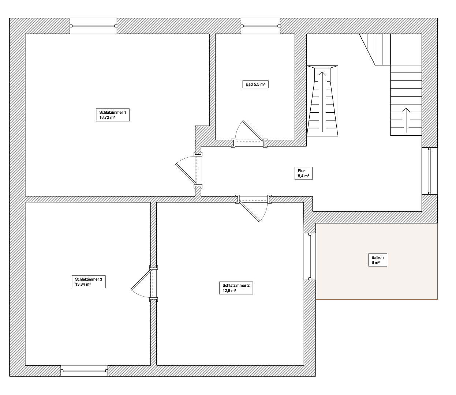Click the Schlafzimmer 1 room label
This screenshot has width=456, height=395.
point(112,114)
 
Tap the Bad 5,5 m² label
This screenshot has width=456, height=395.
point(255,84)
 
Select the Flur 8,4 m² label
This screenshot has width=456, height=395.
point(303,173)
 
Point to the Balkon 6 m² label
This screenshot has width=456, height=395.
point(377,260)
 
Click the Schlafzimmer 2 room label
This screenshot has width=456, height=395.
point(236,288)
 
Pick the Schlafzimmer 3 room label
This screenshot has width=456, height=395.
point(89,281)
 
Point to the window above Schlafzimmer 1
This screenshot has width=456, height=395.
point(93,26)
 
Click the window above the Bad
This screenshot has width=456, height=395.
point(261,26)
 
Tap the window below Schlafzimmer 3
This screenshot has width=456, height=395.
point(84,371)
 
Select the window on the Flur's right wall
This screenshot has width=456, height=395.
point(430,171)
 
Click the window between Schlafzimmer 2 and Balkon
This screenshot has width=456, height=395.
point(310,256)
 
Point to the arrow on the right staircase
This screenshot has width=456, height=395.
point(406,119)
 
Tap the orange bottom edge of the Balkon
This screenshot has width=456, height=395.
point(377,300)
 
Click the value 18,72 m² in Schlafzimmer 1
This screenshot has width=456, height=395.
point(107,118)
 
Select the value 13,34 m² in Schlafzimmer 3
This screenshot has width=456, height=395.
point(83,284)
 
